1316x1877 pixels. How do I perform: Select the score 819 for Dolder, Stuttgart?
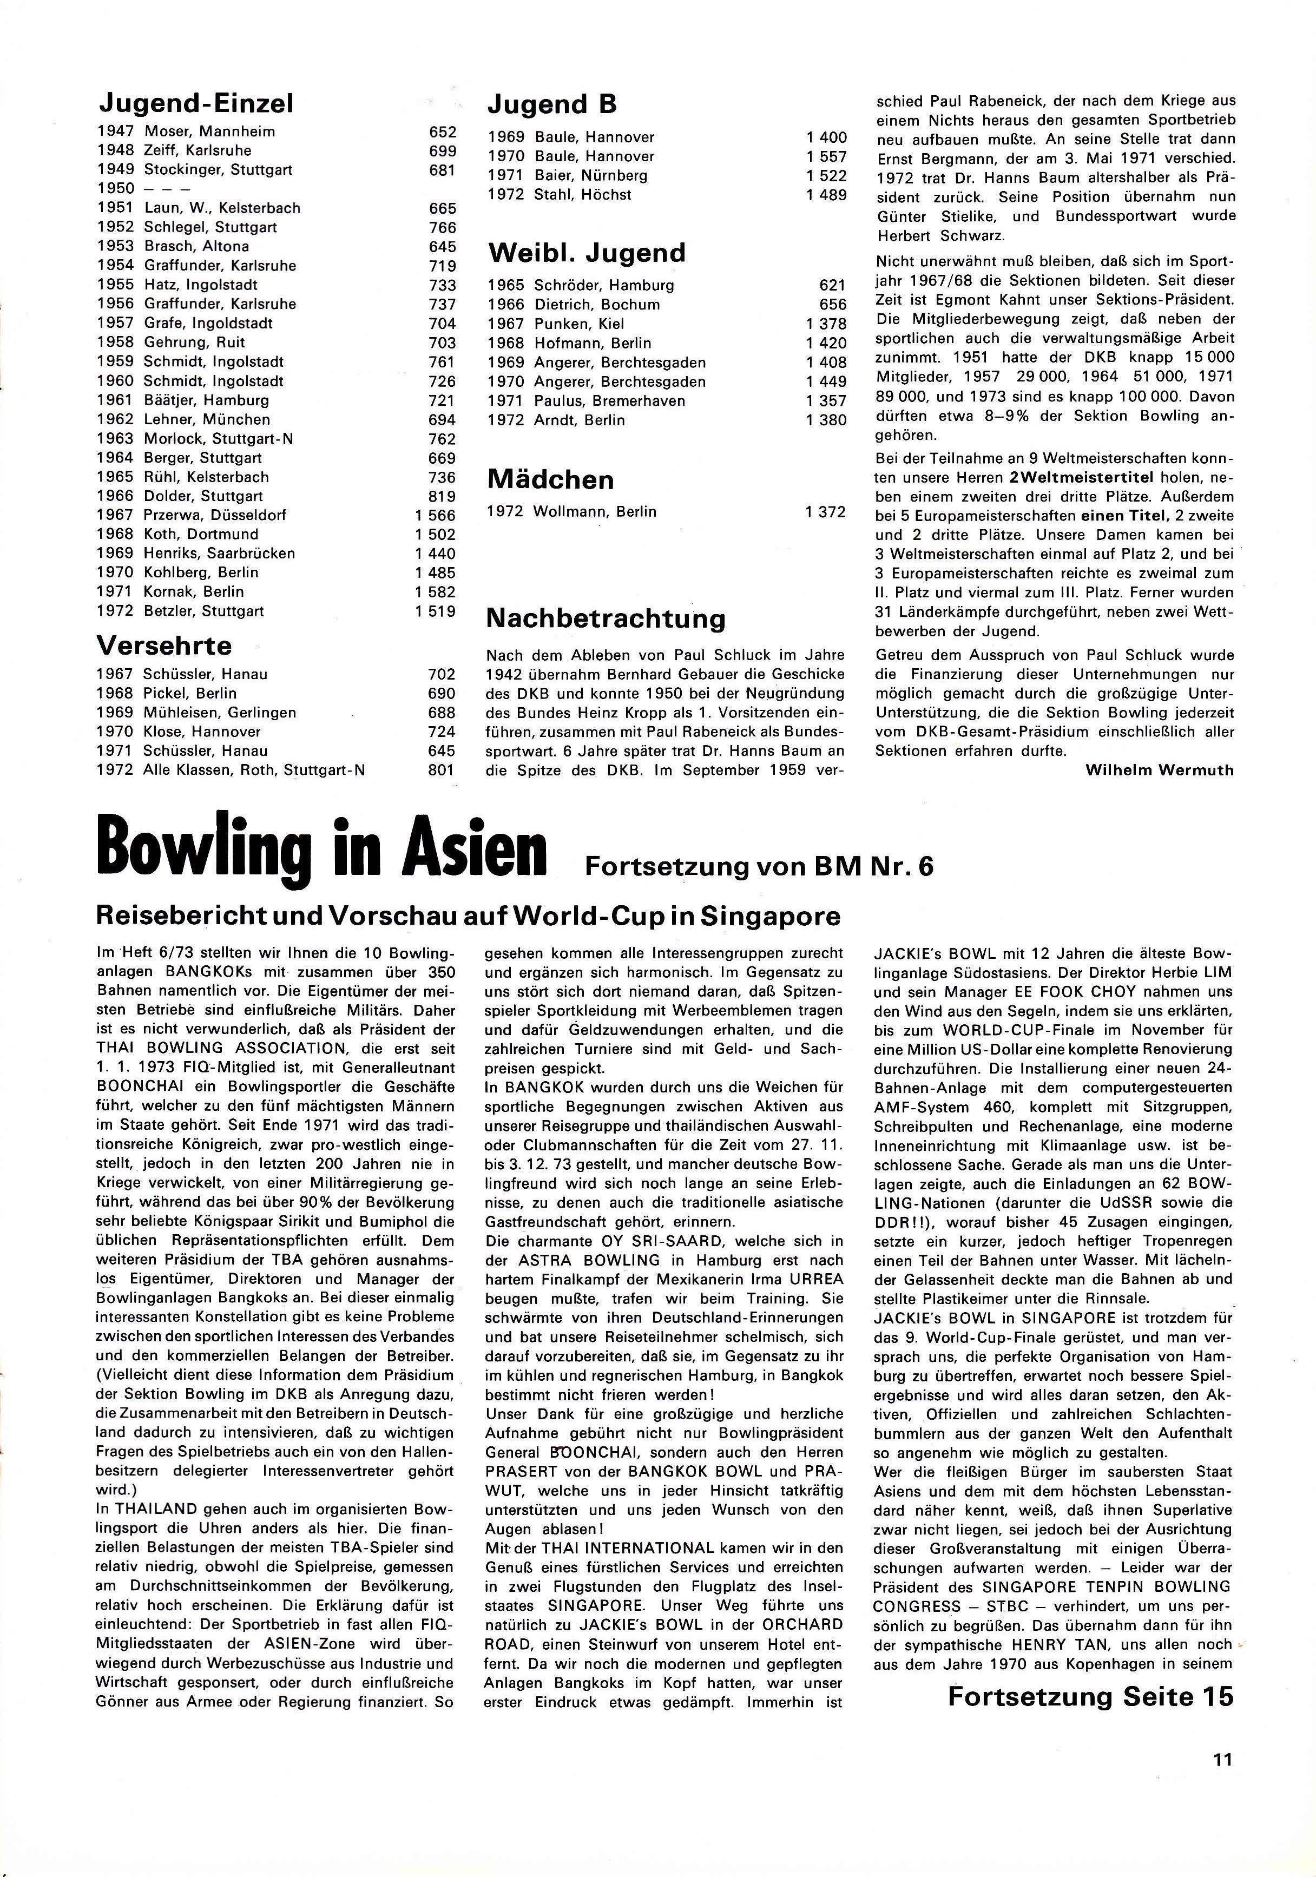click(442, 496)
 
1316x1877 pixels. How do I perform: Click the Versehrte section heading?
click(164, 646)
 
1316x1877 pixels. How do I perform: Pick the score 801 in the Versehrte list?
click(442, 770)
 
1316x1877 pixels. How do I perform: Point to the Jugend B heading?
click(552, 104)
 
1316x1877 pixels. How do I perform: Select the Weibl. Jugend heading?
click(586, 253)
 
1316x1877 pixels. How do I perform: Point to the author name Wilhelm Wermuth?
click(1159, 769)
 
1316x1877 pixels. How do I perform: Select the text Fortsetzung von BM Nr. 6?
click(759, 865)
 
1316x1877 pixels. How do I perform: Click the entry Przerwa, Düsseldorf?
click(215, 515)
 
